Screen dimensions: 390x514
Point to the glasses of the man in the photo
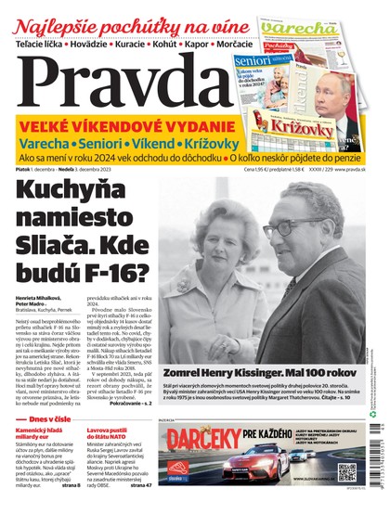289,226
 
